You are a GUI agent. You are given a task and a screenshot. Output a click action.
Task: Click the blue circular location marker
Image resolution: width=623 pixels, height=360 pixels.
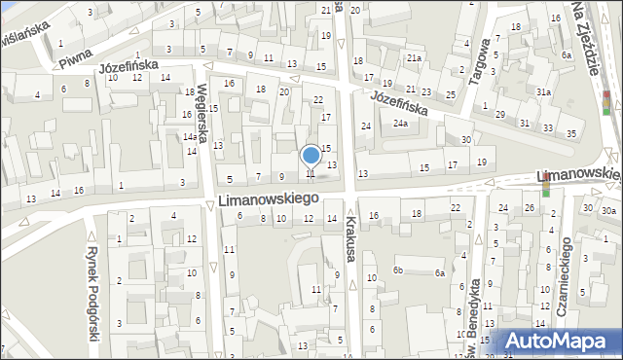click(311, 155)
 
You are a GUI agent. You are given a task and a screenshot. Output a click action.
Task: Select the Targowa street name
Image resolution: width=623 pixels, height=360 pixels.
click(480, 62)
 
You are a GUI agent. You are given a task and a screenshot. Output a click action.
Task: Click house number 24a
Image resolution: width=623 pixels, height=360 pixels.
click(400, 124)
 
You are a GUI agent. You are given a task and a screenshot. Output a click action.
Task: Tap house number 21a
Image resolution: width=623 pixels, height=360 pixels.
click(414, 58)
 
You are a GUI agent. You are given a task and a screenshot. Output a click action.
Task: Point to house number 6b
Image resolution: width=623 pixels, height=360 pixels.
click(397, 270)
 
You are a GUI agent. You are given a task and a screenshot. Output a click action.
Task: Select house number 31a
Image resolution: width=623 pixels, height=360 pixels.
click(543, 92)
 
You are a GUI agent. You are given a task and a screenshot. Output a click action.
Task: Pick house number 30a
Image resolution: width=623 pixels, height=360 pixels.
click(608, 210)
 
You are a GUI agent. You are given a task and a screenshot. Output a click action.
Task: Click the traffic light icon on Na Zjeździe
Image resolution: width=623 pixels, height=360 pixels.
click(607, 102)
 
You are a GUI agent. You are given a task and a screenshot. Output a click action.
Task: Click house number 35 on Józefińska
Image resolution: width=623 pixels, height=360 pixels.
click(572, 132)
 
